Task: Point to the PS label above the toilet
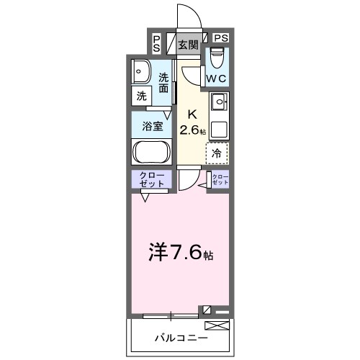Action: tap(220, 38)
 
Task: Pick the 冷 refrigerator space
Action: tap(217, 153)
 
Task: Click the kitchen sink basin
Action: tap(218, 100)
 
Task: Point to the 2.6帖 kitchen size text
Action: tap(193, 130)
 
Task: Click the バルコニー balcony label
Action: tap(181, 337)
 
